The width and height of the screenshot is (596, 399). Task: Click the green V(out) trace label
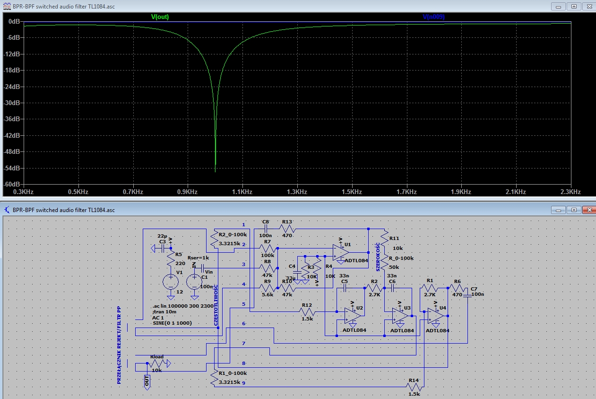[160, 17]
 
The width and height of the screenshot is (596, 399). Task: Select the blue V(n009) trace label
[433, 17]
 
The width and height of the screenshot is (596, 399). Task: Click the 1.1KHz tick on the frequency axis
[242, 192]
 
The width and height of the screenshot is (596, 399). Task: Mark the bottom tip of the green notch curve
[215, 171]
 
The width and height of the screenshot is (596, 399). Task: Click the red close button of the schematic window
[588, 209]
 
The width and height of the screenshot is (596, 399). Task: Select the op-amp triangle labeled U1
[340, 252]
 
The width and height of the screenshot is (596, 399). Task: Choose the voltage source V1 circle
[170, 282]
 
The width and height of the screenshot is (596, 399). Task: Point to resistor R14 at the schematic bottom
[414, 387]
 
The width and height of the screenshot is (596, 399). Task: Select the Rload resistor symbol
[157, 364]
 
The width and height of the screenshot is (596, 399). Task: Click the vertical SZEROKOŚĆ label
[378, 257]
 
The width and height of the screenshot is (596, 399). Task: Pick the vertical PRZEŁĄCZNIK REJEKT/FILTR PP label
[119, 344]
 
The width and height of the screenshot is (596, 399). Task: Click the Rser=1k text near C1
[199, 257]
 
